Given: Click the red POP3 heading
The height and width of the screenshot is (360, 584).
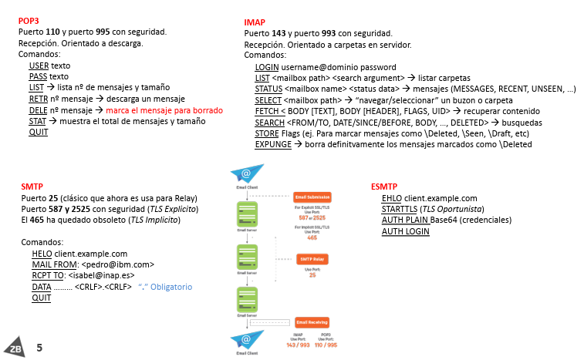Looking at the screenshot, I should pos(28,20).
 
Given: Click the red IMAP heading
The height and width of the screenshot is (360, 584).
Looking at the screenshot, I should pos(255,22).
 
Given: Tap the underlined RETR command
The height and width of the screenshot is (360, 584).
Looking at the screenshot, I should pos(39,99).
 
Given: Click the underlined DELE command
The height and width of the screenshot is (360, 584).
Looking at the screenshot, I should pos(39,110).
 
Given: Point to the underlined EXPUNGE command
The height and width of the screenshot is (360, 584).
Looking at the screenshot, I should pos(275,144).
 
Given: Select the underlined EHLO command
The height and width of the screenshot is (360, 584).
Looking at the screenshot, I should pos(392,198).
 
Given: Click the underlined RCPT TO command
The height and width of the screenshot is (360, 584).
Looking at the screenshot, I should pos(49,275).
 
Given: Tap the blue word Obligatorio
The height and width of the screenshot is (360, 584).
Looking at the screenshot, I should pos(170,287).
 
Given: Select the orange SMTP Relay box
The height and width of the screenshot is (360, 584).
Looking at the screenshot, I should pos(312,260).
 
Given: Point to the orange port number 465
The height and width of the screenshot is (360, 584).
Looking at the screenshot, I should pos(312,238).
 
